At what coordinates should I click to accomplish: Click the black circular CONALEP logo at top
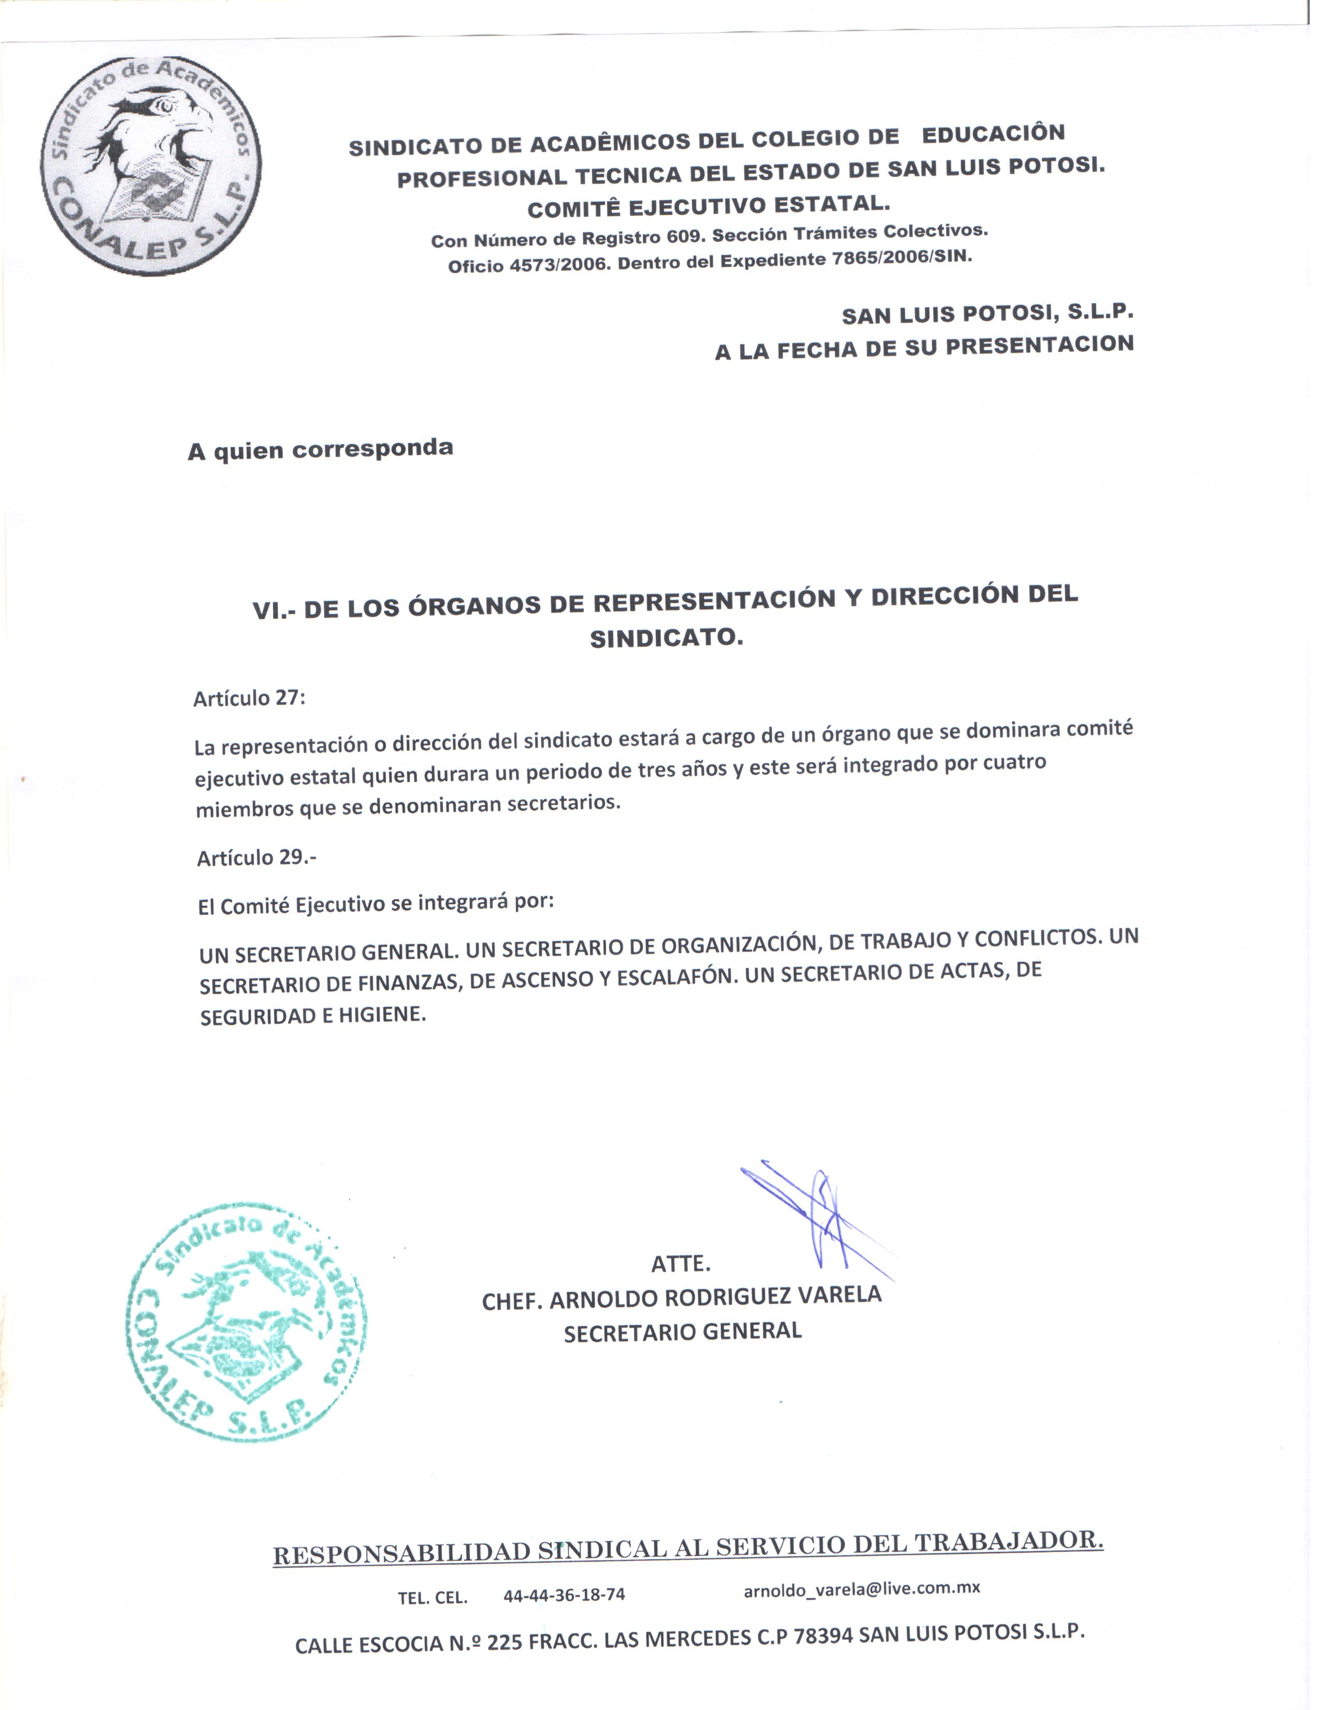click(x=151, y=165)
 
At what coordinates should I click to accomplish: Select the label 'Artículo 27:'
click(x=249, y=697)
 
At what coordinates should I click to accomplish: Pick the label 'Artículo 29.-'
click(x=256, y=858)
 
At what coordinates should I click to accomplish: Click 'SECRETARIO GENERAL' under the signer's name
click(x=682, y=1332)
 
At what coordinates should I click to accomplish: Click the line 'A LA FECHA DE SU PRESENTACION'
click(x=924, y=348)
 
